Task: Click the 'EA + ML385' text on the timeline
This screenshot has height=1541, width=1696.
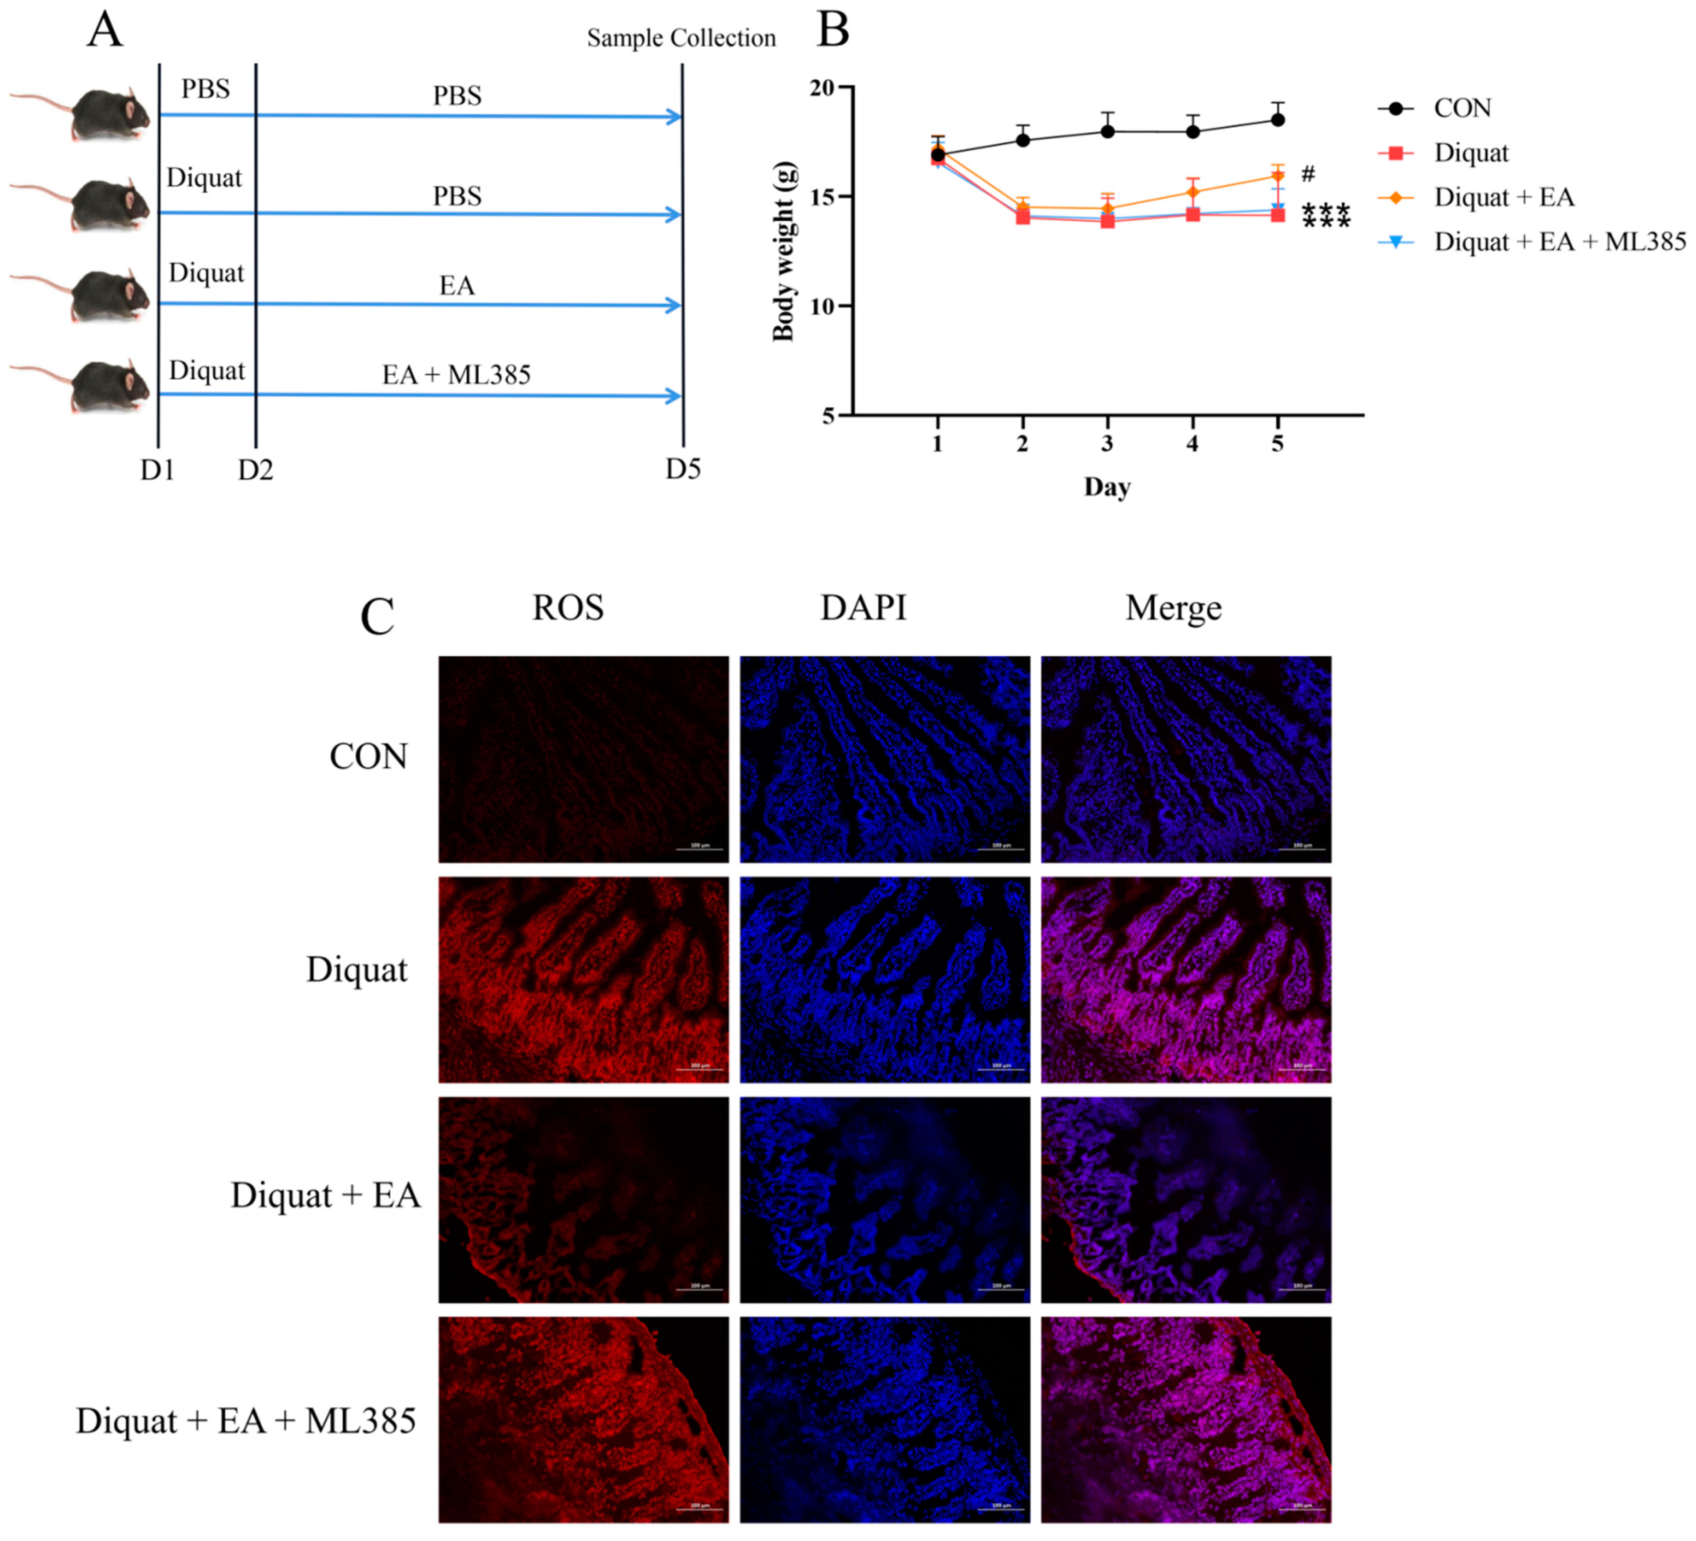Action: pyautogui.click(x=456, y=374)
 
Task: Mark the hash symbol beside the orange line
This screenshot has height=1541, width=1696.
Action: pyautogui.click(x=1307, y=174)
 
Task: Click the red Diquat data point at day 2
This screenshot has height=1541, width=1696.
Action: pyautogui.click(x=1023, y=217)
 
